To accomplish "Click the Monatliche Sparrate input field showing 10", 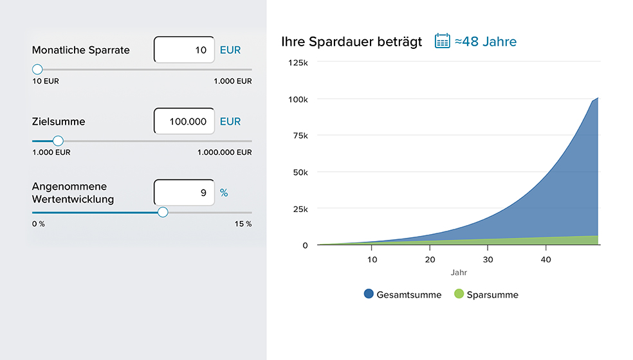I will tap(184, 50).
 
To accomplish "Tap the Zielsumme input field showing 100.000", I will tap(184, 121).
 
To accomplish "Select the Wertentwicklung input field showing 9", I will tap(184, 192).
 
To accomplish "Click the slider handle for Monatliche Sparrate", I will tap(37, 69).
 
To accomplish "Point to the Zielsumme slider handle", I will tap(58, 141).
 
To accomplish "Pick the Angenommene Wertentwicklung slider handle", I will tap(163, 212).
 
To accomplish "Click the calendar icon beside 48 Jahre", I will tap(442, 41).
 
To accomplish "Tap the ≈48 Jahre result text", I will tap(486, 42).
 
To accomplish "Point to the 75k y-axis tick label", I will tap(300, 136).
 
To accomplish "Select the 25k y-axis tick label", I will tap(300, 209).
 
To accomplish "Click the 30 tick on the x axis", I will tap(488, 259).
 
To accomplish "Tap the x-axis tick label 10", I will tap(372, 259).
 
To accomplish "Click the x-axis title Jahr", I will tap(459, 273).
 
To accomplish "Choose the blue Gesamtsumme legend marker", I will tap(369, 294).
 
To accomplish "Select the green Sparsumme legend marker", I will tap(459, 294).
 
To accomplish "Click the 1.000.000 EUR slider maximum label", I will tap(225, 152).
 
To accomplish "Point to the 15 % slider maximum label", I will tap(243, 224).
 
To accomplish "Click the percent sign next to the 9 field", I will tap(224, 192).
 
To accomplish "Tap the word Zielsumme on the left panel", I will tap(59, 122).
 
